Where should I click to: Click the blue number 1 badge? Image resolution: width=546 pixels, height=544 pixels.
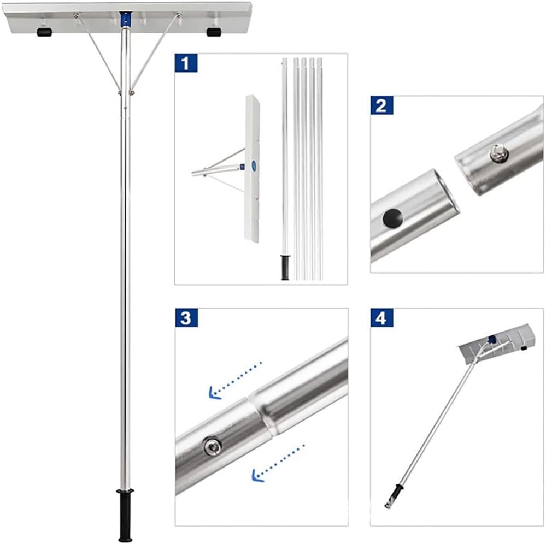point(186,63)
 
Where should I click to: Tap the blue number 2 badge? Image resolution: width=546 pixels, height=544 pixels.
point(381,105)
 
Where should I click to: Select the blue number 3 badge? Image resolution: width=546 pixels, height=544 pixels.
point(186,318)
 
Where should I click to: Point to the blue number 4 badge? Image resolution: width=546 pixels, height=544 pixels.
point(381,318)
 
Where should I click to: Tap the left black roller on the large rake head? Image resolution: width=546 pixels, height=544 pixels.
point(44,32)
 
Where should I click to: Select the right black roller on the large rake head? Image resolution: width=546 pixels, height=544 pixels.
point(214,32)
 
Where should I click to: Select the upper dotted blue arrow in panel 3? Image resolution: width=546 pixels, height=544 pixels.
point(235,380)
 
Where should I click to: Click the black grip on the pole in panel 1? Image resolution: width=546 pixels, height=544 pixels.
point(285,267)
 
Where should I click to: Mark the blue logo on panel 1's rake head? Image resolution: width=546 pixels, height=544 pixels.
point(254,165)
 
